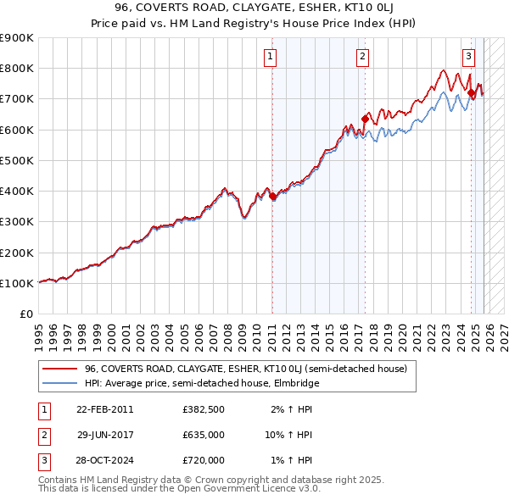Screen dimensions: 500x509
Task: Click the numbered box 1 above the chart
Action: click(x=271, y=57)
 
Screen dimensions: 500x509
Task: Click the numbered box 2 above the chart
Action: click(x=362, y=57)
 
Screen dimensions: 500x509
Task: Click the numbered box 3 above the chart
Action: click(x=468, y=57)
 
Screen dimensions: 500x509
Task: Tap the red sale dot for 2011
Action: click(x=272, y=197)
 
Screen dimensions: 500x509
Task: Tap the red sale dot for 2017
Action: click(x=365, y=119)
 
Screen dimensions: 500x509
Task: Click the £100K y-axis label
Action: click(x=17, y=283)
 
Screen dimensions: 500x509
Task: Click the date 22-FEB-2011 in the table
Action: click(x=104, y=409)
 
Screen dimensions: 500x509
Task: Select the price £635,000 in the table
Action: click(x=203, y=435)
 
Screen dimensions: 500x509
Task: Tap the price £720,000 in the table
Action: click(x=203, y=460)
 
